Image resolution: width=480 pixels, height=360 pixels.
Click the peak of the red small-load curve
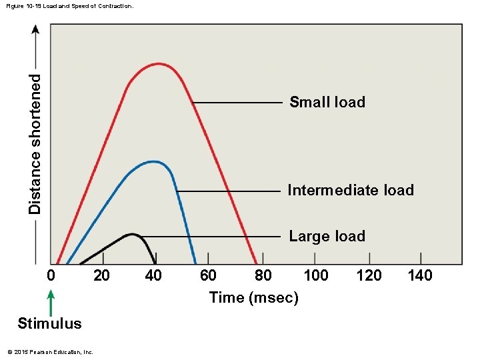point(158,64)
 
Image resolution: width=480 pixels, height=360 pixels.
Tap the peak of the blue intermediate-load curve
point(153,161)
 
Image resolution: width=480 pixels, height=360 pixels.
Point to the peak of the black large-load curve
point(133,234)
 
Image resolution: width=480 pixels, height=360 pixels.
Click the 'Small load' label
point(327,102)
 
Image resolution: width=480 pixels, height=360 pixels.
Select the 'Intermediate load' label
point(351,191)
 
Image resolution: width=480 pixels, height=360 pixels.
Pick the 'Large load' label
point(327,236)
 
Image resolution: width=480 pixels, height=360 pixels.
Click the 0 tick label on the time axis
point(51,275)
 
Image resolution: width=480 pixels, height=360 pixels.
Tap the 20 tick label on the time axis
point(101,275)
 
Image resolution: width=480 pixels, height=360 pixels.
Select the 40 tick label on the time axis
point(153,275)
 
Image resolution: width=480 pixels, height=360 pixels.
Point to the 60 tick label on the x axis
point(208,275)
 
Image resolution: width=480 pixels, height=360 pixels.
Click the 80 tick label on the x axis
point(263,275)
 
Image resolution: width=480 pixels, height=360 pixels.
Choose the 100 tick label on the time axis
point(316,275)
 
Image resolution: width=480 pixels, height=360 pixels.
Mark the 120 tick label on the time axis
point(369,275)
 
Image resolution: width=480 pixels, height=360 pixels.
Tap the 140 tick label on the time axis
point(420,275)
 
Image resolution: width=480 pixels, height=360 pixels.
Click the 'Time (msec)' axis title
point(253,298)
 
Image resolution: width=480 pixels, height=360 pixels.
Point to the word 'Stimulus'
point(50,324)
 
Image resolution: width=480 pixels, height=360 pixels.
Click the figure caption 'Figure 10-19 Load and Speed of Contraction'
point(69,6)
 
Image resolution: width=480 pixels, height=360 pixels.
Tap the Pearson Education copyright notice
point(49,352)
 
